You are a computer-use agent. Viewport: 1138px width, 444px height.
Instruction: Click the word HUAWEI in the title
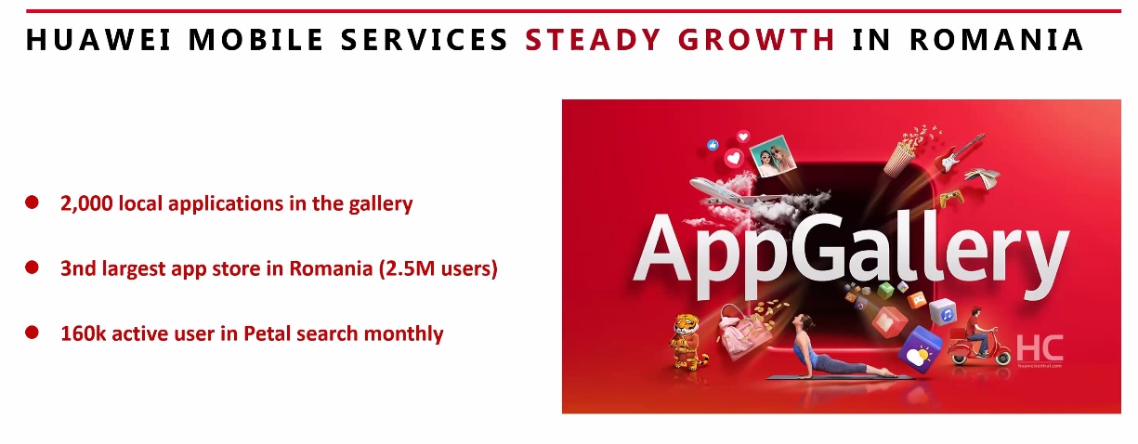point(98,40)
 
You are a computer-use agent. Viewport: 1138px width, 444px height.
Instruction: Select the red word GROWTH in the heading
point(756,40)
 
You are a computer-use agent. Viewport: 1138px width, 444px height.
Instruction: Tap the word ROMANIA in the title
point(996,40)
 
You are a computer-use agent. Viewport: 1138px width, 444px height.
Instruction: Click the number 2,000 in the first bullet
point(86,203)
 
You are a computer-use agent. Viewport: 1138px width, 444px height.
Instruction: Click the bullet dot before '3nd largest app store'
point(32,268)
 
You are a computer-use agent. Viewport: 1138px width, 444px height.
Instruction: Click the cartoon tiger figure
point(688,342)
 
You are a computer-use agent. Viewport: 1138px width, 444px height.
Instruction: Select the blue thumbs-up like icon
point(713,145)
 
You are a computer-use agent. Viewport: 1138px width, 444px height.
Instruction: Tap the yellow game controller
point(951,198)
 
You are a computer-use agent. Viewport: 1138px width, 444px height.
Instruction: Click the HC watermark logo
point(1040,349)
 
